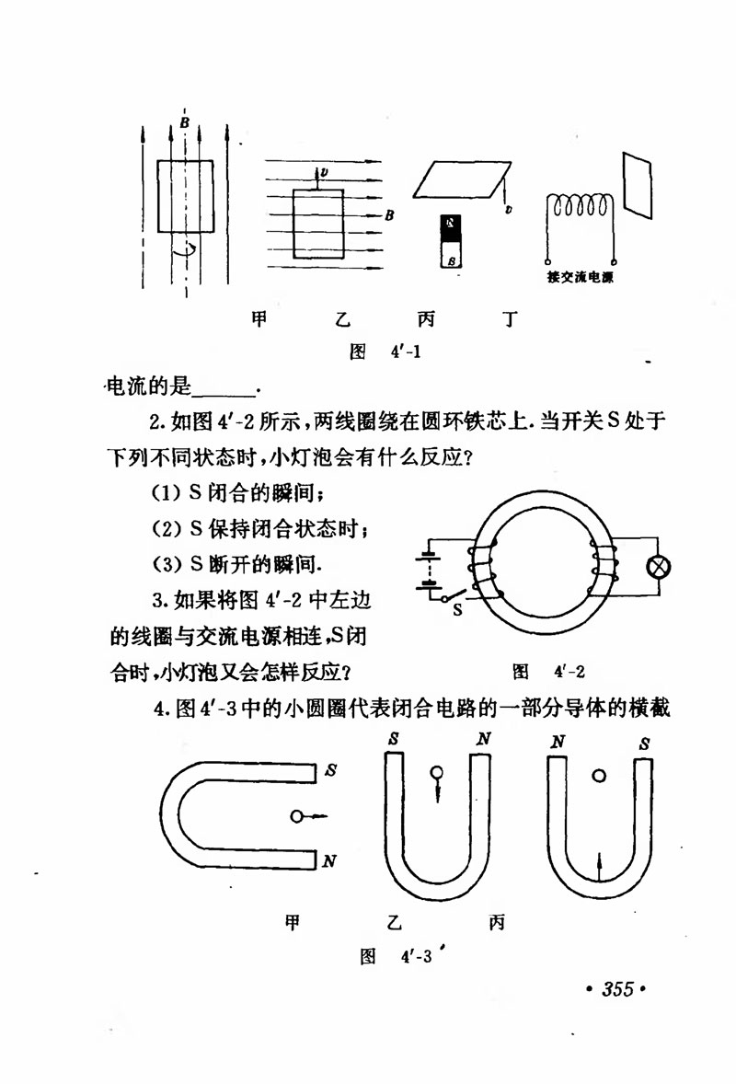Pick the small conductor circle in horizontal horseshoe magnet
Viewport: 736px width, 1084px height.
(296, 816)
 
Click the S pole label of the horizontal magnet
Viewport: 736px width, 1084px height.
(329, 771)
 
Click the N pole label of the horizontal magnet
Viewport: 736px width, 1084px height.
(329, 861)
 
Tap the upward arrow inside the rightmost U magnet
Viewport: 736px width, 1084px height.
(599, 867)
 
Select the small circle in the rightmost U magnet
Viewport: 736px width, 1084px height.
(599, 777)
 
